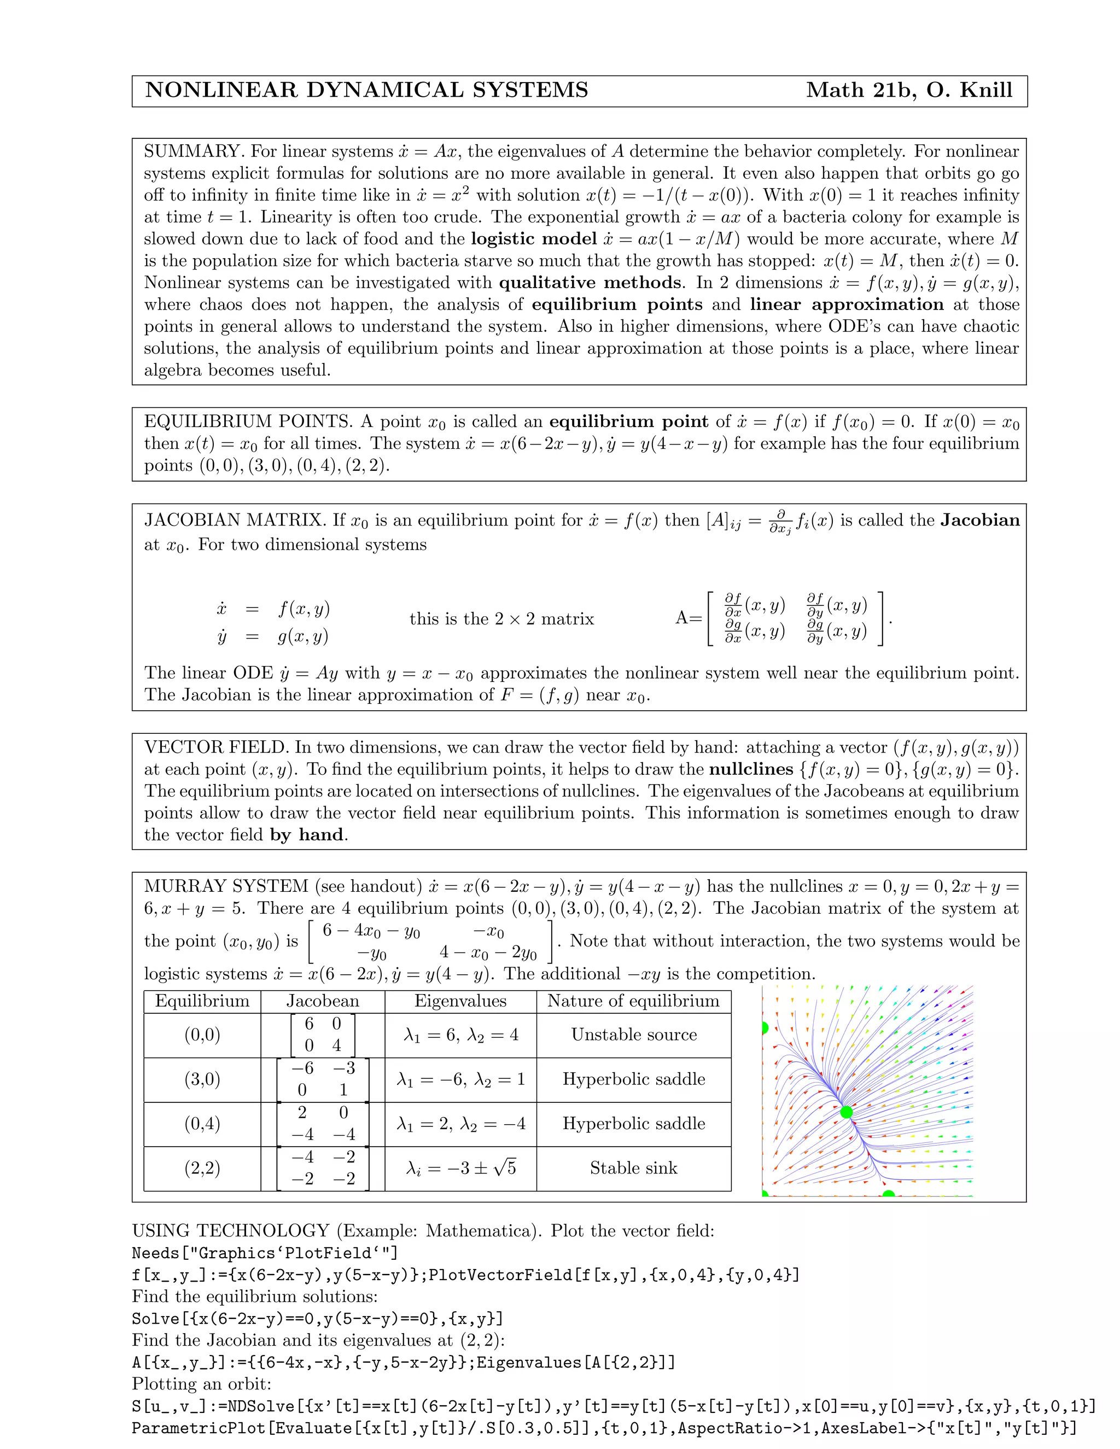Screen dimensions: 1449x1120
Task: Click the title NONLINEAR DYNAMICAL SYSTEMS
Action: pyautogui.click(x=366, y=90)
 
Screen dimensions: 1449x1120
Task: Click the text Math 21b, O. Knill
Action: pyautogui.click(x=908, y=90)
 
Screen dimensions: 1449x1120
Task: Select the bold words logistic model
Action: pyautogui.click(x=534, y=239)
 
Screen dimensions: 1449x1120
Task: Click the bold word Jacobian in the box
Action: pyautogui.click(x=979, y=520)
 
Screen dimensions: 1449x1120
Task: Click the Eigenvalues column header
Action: pyautogui.click(x=460, y=1001)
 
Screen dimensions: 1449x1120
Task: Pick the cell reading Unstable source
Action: pyautogui.click(x=634, y=1035)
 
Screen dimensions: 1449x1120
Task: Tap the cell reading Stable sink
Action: pyautogui.click(x=634, y=1168)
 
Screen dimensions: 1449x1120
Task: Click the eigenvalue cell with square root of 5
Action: pyautogui.click(x=460, y=1168)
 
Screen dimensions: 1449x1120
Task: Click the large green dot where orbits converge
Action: pyautogui.click(x=846, y=1113)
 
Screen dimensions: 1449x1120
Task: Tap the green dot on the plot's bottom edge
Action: pyautogui.click(x=889, y=1195)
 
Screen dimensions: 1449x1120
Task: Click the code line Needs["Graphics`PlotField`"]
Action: pyautogui.click(x=265, y=1253)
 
